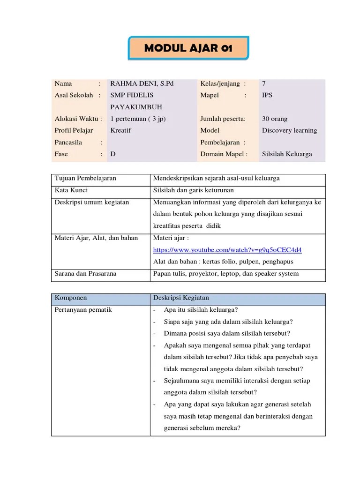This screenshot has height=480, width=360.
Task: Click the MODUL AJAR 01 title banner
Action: click(x=188, y=48)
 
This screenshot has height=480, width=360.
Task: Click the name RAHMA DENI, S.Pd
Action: click(x=142, y=83)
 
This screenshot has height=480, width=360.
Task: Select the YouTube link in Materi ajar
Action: click(x=227, y=249)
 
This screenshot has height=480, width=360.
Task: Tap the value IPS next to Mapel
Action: click(x=267, y=95)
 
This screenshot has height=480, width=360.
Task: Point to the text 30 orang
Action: click(x=275, y=119)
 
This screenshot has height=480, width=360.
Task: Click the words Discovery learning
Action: click(x=289, y=130)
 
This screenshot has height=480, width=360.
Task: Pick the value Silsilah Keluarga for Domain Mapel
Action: click(x=287, y=154)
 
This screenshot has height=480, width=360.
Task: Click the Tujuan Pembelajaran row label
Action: click(x=85, y=179)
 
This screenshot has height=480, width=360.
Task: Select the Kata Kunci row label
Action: click(x=71, y=190)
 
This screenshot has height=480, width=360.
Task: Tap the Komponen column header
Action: click(x=71, y=298)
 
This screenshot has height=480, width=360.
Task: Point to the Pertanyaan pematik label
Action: click(x=83, y=310)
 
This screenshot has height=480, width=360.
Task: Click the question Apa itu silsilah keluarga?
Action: click(x=201, y=310)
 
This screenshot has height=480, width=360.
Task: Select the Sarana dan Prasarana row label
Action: click(x=85, y=274)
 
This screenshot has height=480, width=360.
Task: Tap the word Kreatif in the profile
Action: click(x=121, y=130)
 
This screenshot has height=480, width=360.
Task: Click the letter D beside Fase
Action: click(x=113, y=154)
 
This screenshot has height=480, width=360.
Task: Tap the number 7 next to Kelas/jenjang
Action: click(x=264, y=83)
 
